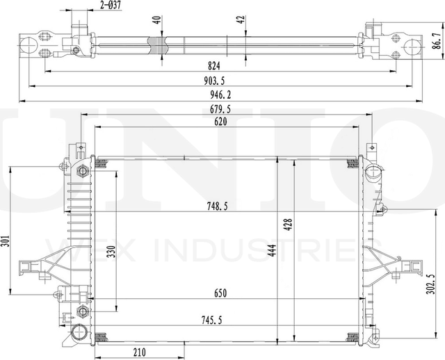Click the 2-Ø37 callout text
pyautogui.click(x=110, y=6)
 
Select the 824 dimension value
pyautogui.click(x=214, y=66)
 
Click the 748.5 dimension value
pyautogui.click(x=218, y=206)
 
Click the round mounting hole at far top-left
pyautogui.click(x=29, y=45)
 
